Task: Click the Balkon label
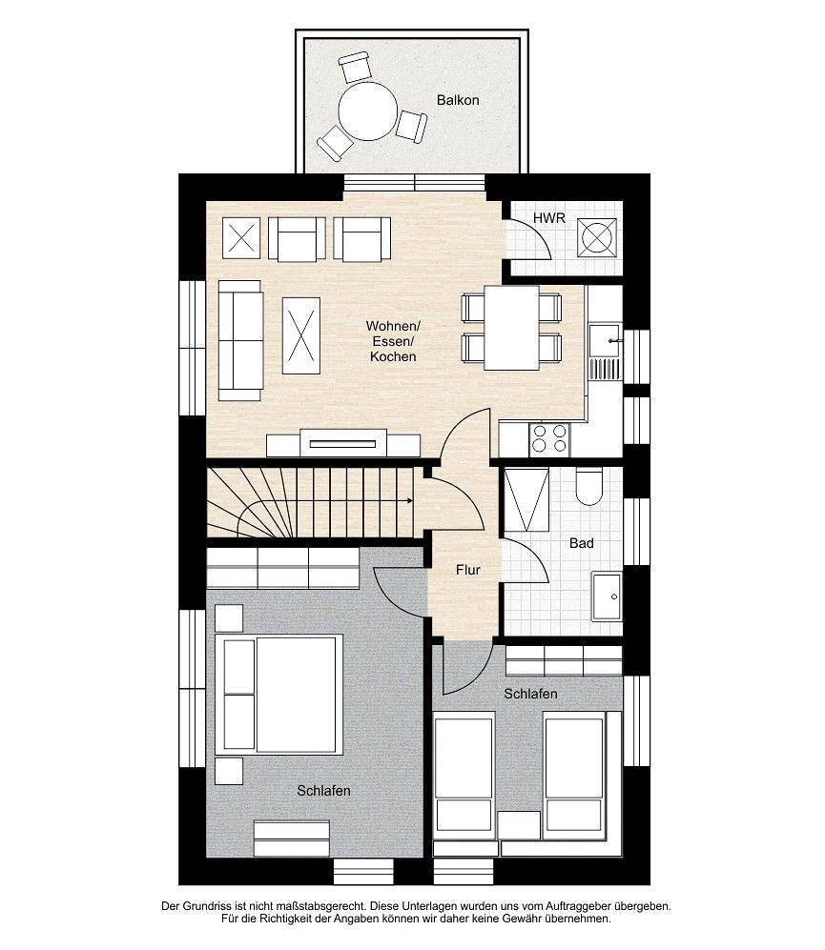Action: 458,100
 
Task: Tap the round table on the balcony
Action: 367,111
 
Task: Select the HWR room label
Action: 549,218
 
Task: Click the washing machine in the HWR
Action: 596,237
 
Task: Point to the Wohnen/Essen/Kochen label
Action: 393,341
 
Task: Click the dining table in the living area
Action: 511,328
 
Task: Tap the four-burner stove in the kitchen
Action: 549,439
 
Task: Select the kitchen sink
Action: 605,340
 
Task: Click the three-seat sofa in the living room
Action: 240,340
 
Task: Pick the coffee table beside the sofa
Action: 300,335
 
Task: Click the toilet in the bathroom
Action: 589,486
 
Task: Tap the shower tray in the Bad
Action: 526,500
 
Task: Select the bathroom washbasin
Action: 607,596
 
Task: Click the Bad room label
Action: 581,543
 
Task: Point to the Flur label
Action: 467,570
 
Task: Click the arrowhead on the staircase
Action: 411,500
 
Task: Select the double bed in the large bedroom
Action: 279,695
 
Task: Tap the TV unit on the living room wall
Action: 343,443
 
